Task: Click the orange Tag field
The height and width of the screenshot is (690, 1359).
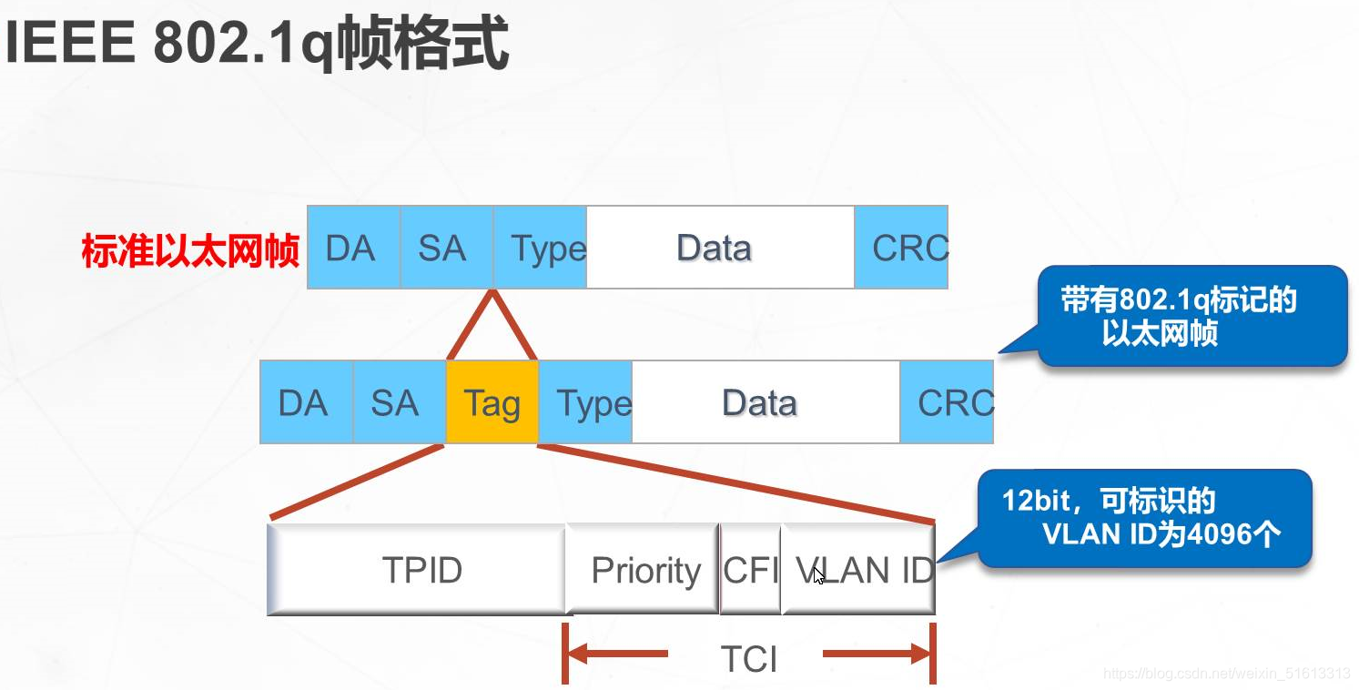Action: (492, 401)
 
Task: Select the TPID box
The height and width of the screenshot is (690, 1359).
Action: (417, 569)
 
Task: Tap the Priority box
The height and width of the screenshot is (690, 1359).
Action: (643, 569)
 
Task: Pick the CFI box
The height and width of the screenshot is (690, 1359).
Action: (750, 569)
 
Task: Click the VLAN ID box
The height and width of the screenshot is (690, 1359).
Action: (858, 569)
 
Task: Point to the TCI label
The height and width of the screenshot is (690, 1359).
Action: (748, 658)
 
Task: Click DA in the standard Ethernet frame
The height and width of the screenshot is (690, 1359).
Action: (354, 247)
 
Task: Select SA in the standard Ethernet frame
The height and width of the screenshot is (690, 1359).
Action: (447, 247)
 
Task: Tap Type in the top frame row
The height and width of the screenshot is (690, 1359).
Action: (540, 247)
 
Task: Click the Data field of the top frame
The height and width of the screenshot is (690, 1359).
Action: (720, 247)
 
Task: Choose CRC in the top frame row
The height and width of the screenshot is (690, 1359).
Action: (901, 247)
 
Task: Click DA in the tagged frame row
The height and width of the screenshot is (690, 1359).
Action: (307, 401)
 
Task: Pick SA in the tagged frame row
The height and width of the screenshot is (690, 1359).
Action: (400, 401)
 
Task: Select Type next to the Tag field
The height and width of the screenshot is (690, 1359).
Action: (585, 401)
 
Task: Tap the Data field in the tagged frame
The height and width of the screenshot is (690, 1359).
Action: (766, 401)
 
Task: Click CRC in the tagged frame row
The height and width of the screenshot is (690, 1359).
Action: (947, 401)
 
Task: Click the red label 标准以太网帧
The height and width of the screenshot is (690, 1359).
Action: (190, 250)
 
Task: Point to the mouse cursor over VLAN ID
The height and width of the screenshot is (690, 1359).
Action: (818, 576)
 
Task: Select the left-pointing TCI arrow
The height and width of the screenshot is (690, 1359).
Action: (616, 654)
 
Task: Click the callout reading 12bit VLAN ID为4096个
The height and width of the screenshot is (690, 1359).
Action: (1144, 518)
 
